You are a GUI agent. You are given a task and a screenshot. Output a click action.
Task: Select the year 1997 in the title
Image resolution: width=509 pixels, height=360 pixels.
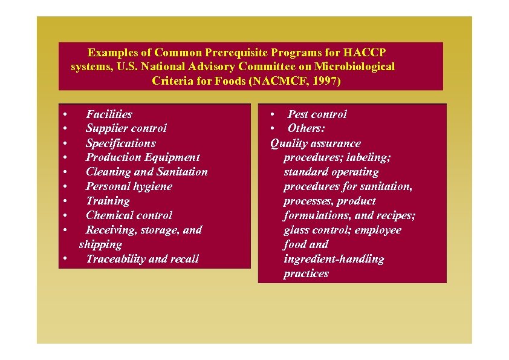click(322, 80)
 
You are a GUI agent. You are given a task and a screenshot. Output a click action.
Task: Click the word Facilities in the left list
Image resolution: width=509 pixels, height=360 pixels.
click(109, 114)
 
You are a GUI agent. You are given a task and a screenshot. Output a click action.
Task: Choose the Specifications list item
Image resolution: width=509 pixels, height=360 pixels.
click(120, 143)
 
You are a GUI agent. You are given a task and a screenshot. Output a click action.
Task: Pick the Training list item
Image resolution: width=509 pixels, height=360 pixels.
click(108, 201)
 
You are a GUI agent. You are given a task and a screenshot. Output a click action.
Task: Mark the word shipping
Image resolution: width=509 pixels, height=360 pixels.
click(100, 244)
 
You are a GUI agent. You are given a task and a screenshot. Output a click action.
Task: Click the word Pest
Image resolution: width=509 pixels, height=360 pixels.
click(297, 114)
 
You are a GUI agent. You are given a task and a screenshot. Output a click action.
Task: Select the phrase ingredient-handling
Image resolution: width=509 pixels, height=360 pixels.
click(334, 259)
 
